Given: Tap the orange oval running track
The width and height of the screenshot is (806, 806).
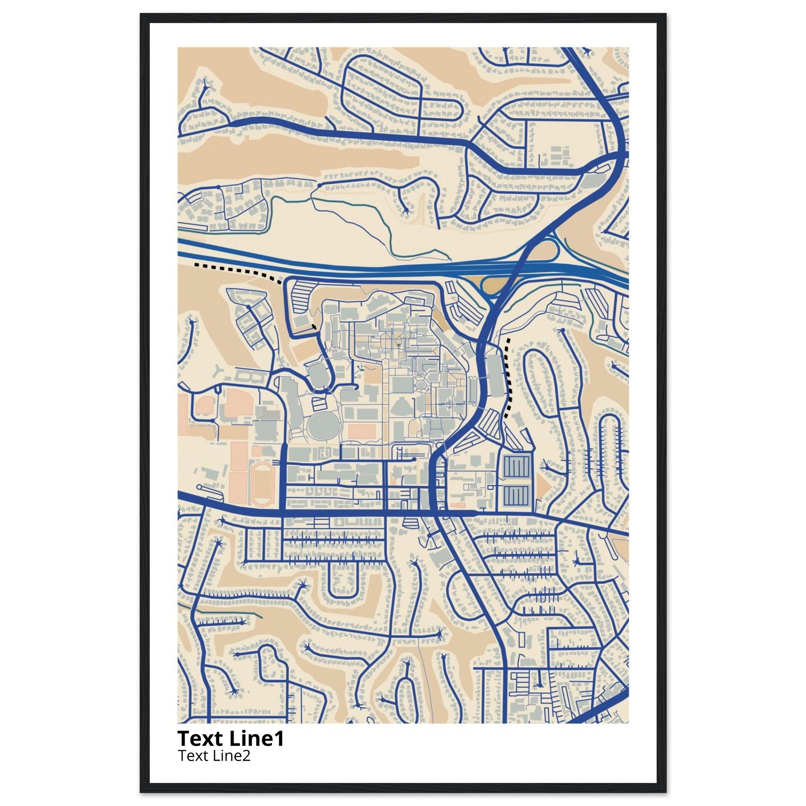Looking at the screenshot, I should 261,482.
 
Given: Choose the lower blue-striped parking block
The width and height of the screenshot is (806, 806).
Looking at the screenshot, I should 517,495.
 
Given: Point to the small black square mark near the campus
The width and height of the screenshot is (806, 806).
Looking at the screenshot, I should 314,327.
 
